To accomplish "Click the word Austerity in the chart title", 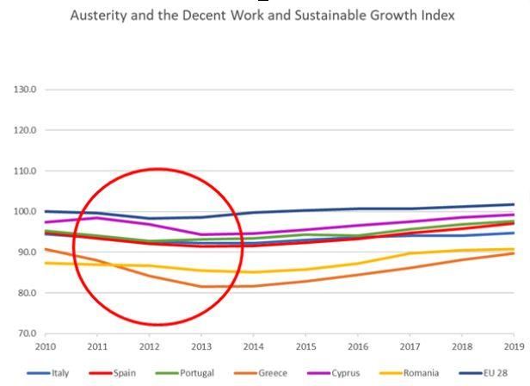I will [x=98, y=15].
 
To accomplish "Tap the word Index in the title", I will [x=435, y=15].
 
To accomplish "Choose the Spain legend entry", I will [x=125, y=373].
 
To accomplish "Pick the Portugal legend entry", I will [x=197, y=373].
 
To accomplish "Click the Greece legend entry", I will [x=272, y=373].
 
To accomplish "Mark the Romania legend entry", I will [x=421, y=373].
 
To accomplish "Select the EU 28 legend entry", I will [x=496, y=373].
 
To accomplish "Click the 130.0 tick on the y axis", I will [x=23, y=90].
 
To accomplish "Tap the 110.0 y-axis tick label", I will [x=23, y=171].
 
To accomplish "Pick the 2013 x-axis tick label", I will [x=200, y=346].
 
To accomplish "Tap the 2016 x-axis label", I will [x=357, y=346].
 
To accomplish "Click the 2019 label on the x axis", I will [x=514, y=346].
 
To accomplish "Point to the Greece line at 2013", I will [x=200, y=286].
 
